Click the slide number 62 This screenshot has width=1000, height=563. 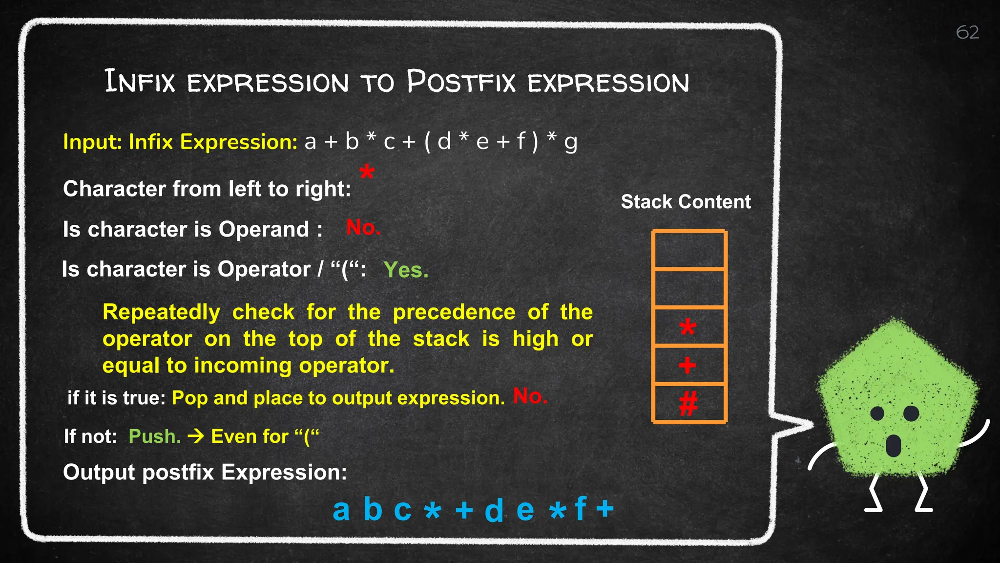click(967, 33)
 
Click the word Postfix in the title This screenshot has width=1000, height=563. click(461, 82)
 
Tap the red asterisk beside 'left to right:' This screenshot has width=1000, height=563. click(367, 172)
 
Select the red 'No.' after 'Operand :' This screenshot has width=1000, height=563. click(363, 227)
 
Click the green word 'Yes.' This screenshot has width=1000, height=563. click(406, 270)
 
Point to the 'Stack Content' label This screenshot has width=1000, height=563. click(686, 202)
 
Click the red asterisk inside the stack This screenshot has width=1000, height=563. click(687, 327)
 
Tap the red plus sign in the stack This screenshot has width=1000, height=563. click(687, 365)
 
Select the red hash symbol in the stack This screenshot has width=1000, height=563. click(688, 404)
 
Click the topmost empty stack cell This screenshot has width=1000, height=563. click(688, 250)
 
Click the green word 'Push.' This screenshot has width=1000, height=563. click(154, 436)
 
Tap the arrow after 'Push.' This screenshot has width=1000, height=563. click(196, 436)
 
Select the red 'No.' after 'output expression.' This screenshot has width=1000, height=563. click(530, 396)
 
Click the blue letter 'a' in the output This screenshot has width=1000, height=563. click(341, 509)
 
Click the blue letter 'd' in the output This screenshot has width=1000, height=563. click(494, 510)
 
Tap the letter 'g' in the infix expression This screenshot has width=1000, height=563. click(570, 142)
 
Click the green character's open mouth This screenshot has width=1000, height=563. click(893, 445)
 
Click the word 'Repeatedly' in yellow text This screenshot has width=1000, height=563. click(161, 312)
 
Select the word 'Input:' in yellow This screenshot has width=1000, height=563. click(92, 142)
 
